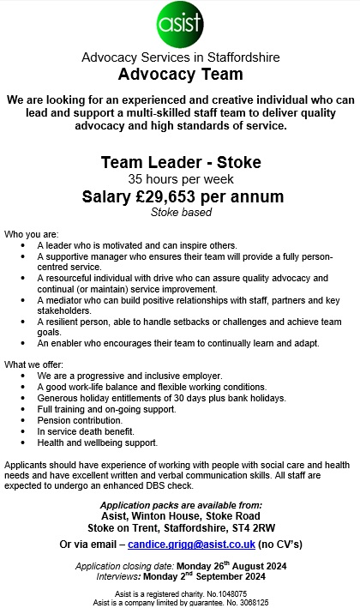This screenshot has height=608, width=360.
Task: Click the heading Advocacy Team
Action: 180,74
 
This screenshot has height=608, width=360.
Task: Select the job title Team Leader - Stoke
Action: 180,162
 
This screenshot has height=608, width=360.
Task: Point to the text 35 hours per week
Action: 180,180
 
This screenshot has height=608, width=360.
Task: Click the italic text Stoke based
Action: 180,212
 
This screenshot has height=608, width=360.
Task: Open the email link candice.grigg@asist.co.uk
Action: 191,545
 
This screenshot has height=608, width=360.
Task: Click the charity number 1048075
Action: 225,593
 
